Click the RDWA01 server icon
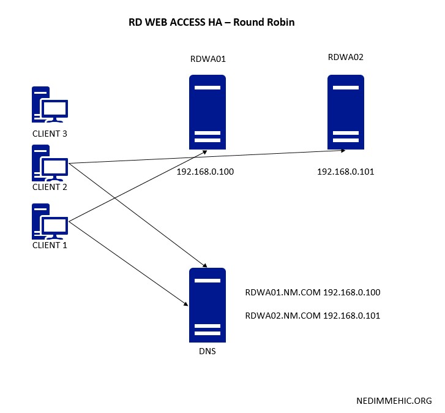pyautogui.click(x=207, y=112)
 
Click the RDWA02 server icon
pyautogui.click(x=345, y=112)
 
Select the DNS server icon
pyautogui.click(x=207, y=305)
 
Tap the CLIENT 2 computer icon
pyautogui.click(x=50, y=163)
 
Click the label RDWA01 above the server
pyautogui.click(x=208, y=59)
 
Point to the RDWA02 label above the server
pyautogui.click(x=346, y=58)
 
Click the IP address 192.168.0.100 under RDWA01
pyautogui.click(x=205, y=172)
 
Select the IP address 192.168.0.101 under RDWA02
pyautogui.click(x=345, y=172)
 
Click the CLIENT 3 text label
pyautogui.click(x=50, y=134)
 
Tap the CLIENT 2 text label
pyautogui.click(x=50, y=187)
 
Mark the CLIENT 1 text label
pyautogui.click(x=50, y=245)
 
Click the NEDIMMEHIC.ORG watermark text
pyautogui.click(x=394, y=401)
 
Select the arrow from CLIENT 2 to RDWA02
pyautogui.click(x=208, y=156)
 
